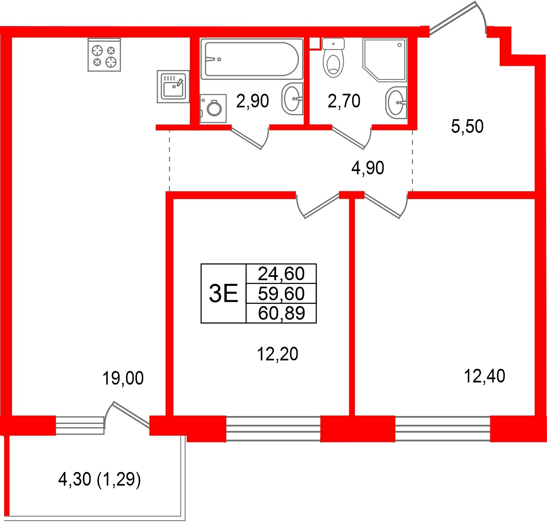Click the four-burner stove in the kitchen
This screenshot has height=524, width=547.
pyautogui.click(x=104, y=55)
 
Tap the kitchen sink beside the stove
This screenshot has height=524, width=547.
pyautogui.click(x=173, y=87)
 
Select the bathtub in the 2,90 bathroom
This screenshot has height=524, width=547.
pyautogui.click(x=252, y=59)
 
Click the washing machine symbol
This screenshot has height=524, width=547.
pyautogui.click(x=214, y=108)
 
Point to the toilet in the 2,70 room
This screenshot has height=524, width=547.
pyautogui.click(x=333, y=58)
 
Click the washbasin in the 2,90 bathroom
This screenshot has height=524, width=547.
pyautogui.click(x=292, y=99)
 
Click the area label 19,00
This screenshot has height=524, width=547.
pyautogui.click(x=123, y=378)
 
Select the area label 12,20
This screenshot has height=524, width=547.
pyautogui.click(x=277, y=354)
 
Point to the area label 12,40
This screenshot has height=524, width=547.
pyautogui.click(x=484, y=377)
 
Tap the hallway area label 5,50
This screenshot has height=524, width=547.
pyautogui.click(x=467, y=127)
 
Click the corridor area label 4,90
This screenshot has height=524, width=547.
pyautogui.click(x=367, y=168)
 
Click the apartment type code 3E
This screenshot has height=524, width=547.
pyautogui.click(x=223, y=293)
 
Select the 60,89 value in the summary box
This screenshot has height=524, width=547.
pyautogui.click(x=281, y=313)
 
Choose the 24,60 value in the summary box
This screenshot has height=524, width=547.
pyautogui.click(x=281, y=274)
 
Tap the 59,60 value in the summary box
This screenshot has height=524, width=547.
pyautogui.click(x=281, y=293)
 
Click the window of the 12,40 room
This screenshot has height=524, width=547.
pyautogui.click(x=442, y=429)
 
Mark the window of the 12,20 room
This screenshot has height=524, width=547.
pyautogui.click(x=273, y=429)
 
